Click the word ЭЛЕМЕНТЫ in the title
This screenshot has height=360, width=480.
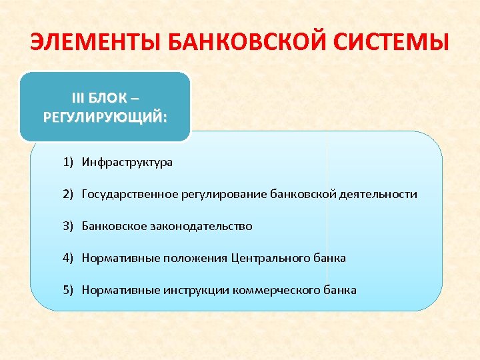(93, 44)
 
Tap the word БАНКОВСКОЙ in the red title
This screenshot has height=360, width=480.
(247, 44)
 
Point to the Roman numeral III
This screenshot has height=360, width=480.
(79, 98)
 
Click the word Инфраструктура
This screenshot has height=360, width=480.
(127, 162)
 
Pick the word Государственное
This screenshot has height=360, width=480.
(129, 194)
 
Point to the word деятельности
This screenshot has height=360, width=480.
(378, 194)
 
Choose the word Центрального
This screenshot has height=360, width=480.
(271, 258)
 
